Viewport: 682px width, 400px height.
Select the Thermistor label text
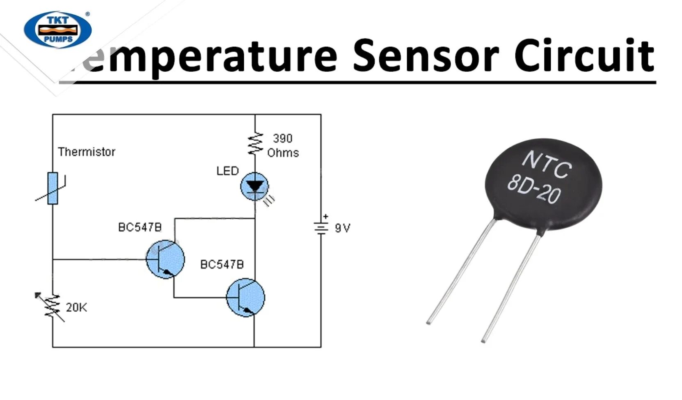pyautogui.click(x=87, y=152)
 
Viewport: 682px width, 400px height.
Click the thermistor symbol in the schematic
pyautogui.click(x=53, y=189)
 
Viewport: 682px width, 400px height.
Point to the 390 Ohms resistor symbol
pyautogui.click(x=255, y=144)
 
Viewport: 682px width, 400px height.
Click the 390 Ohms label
pyautogui.click(x=283, y=146)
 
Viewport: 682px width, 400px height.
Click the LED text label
pyautogui.click(x=227, y=171)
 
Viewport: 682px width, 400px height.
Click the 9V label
pyautogui.click(x=343, y=229)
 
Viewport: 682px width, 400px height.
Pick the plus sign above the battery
pyautogui.click(x=325, y=216)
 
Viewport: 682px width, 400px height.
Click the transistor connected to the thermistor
pyautogui.click(x=165, y=259)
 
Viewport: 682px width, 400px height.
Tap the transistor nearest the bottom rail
pyautogui.click(x=246, y=297)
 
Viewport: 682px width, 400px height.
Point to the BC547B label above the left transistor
pyautogui.click(x=140, y=227)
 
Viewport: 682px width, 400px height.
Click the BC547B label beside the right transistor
pyautogui.click(x=222, y=265)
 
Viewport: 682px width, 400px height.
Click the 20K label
pyautogui.click(x=76, y=307)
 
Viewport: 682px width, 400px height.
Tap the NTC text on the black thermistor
pyautogui.click(x=547, y=164)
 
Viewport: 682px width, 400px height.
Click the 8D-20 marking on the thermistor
pyautogui.click(x=533, y=189)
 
